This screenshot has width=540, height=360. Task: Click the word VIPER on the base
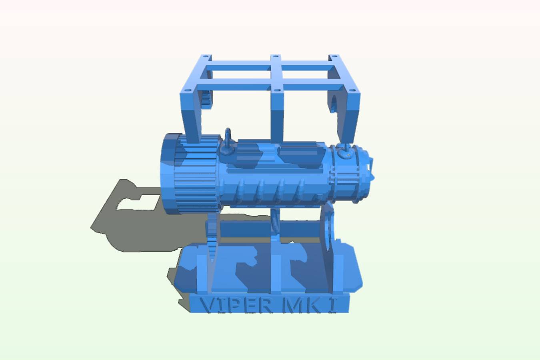pyautogui.click(x=236, y=306)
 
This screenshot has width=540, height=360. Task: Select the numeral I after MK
pyautogui.click(x=332, y=306)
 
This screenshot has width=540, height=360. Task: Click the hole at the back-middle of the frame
pyautogui.click(x=276, y=56)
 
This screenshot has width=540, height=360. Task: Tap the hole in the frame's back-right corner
pyautogui.click(x=334, y=56)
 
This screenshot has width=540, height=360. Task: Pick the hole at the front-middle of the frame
pyautogui.click(x=277, y=90)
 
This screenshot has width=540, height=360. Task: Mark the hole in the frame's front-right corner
pyautogui.click(x=352, y=90)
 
